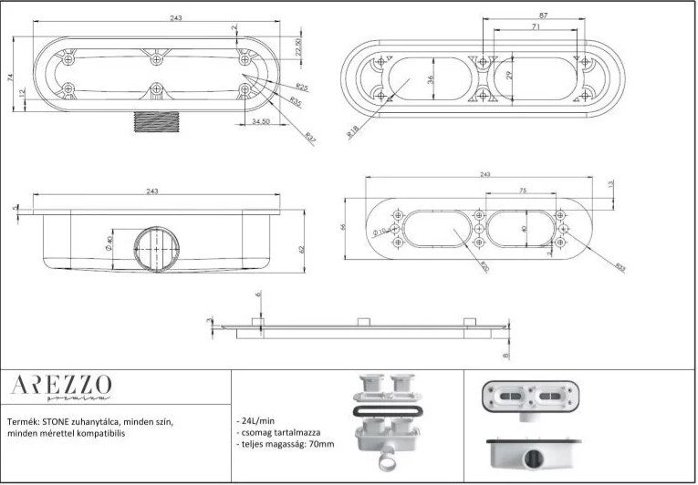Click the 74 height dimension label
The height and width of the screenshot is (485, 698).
click(x=11, y=79)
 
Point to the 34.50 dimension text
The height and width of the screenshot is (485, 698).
click(x=260, y=121)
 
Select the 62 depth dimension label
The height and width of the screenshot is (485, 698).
click(x=299, y=248)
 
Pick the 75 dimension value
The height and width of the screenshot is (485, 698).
click(x=523, y=191)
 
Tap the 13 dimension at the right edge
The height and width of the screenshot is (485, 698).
click(x=610, y=185)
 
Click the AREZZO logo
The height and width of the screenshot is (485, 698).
click(x=61, y=385)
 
